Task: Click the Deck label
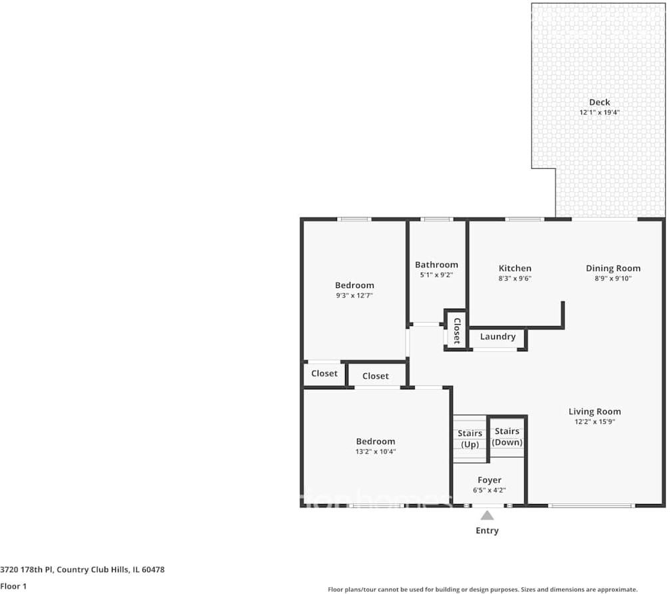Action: tap(599, 102)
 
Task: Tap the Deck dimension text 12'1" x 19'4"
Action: tap(599, 113)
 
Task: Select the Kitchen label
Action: tap(515, 268)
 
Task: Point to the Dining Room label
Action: tap(613, 268)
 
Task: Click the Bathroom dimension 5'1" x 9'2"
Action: tap(436, 275)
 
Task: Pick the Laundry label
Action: tap(498, 337)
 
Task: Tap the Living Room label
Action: tap(594, 411)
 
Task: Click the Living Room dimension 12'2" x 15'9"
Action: tap(594, 421)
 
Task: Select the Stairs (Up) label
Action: tap(470, 439)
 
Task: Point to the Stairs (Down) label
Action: tap(507, 437)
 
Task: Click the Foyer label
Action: tap(490, 480)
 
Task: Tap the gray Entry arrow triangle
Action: tap(487, 516)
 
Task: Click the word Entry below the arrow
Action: tap(487, 531)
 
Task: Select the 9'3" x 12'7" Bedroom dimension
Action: tap(354, 295)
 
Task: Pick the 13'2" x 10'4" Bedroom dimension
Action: tap(376, 451)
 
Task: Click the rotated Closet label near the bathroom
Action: tap(457, 331)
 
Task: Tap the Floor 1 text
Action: tap(13, 586)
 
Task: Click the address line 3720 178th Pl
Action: tap(27, 569)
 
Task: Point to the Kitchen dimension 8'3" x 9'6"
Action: tap(515, 279)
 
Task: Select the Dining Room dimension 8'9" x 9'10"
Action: tap(613, 279)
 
